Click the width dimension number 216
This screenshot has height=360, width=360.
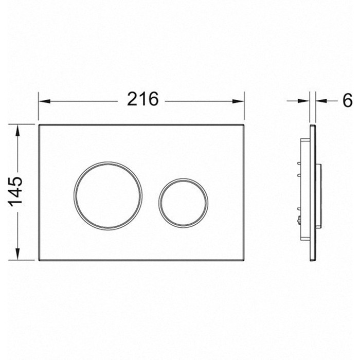[143, 99]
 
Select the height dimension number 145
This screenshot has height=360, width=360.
[15, 191]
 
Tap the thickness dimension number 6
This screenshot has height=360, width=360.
[347, 100]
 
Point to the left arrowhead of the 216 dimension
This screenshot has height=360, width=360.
[44, 101]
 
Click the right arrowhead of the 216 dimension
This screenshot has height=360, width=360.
[238, 101]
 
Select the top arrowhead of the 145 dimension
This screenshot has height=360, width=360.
[17, 130]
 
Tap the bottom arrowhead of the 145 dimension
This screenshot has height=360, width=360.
[17, 254]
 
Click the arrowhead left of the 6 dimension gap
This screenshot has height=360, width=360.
[304, 101]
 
